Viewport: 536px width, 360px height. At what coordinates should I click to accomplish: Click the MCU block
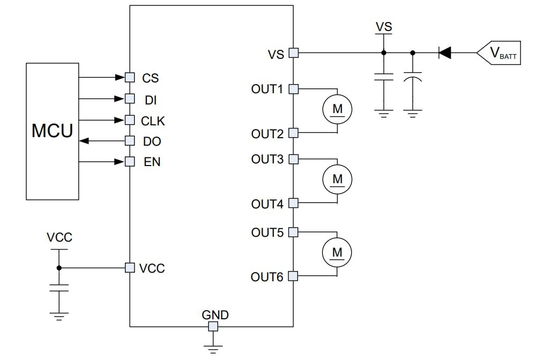coord(53,131)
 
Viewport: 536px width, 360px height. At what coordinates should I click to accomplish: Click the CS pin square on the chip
coord(129,77)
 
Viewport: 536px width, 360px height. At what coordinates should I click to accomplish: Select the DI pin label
coord(151,100)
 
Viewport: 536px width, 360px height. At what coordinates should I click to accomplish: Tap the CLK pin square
coord(129,119)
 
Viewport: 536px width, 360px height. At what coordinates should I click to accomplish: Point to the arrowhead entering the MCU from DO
coord(83,141)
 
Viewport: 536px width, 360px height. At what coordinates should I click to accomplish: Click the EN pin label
coord(152,162)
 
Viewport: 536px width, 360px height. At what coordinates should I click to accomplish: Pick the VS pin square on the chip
coord(293,52)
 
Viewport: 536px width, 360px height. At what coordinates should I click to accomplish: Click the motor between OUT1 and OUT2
coord(337,109)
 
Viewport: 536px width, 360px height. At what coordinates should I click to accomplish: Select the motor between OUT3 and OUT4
coord(337,179)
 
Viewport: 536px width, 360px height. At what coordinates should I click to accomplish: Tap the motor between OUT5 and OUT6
coord(337,252)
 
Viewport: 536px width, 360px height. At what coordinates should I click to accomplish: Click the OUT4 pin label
coord(267,204)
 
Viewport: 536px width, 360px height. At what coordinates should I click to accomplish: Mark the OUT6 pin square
coord(293,276)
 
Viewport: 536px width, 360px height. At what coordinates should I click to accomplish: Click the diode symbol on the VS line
coord(444,52)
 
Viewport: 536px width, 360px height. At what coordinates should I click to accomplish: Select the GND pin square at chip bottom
coord(213,326)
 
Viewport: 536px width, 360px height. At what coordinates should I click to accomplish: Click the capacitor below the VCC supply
coord(59,288)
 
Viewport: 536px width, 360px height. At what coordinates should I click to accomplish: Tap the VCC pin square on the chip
coord(129,267)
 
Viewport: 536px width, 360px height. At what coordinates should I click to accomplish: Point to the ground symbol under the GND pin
coord(213,348)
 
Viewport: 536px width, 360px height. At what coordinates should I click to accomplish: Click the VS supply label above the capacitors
coord(383,27)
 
